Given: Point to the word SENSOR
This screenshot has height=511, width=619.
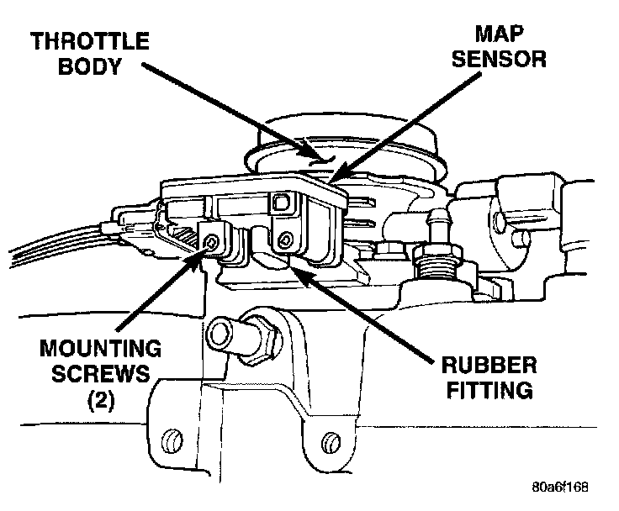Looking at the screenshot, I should coord(498,59).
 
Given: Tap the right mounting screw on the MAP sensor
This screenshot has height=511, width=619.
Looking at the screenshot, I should coord(286,241).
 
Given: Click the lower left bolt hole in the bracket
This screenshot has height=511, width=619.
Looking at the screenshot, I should coord(172,439).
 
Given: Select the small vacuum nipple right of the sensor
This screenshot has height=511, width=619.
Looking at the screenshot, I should coord(436,224).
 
